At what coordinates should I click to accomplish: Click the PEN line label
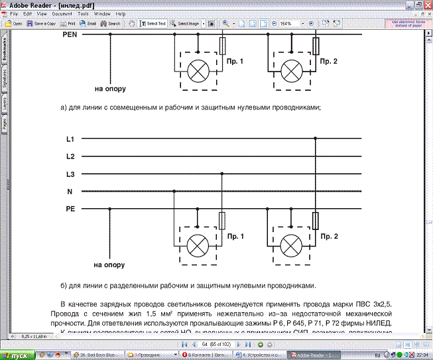pyautogui.click(x=72, y=34)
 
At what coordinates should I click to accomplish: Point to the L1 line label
pyautogui.click(x=70, y=139)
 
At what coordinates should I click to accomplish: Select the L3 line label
pyautogui.click(x=70, y=174)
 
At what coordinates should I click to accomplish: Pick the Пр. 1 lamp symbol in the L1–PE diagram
pyautogui.click(x=198, y=246)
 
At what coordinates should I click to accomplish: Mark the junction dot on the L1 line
pyautogui.click(x=316, y=139)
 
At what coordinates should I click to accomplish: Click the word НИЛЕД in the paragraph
pyautogui.click(x=378, y=323)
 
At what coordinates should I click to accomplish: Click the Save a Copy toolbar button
pyautogui.click(x=41, y=23)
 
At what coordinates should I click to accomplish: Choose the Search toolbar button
pyautogui.click(x=111, y=23)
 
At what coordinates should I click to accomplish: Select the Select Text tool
pyautogui.click(x=153, y=23)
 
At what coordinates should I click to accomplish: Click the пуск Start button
pyautogui.click(x=17, y=355)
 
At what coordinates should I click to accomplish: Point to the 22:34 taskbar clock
pyautogui.click(x=422, y=355)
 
